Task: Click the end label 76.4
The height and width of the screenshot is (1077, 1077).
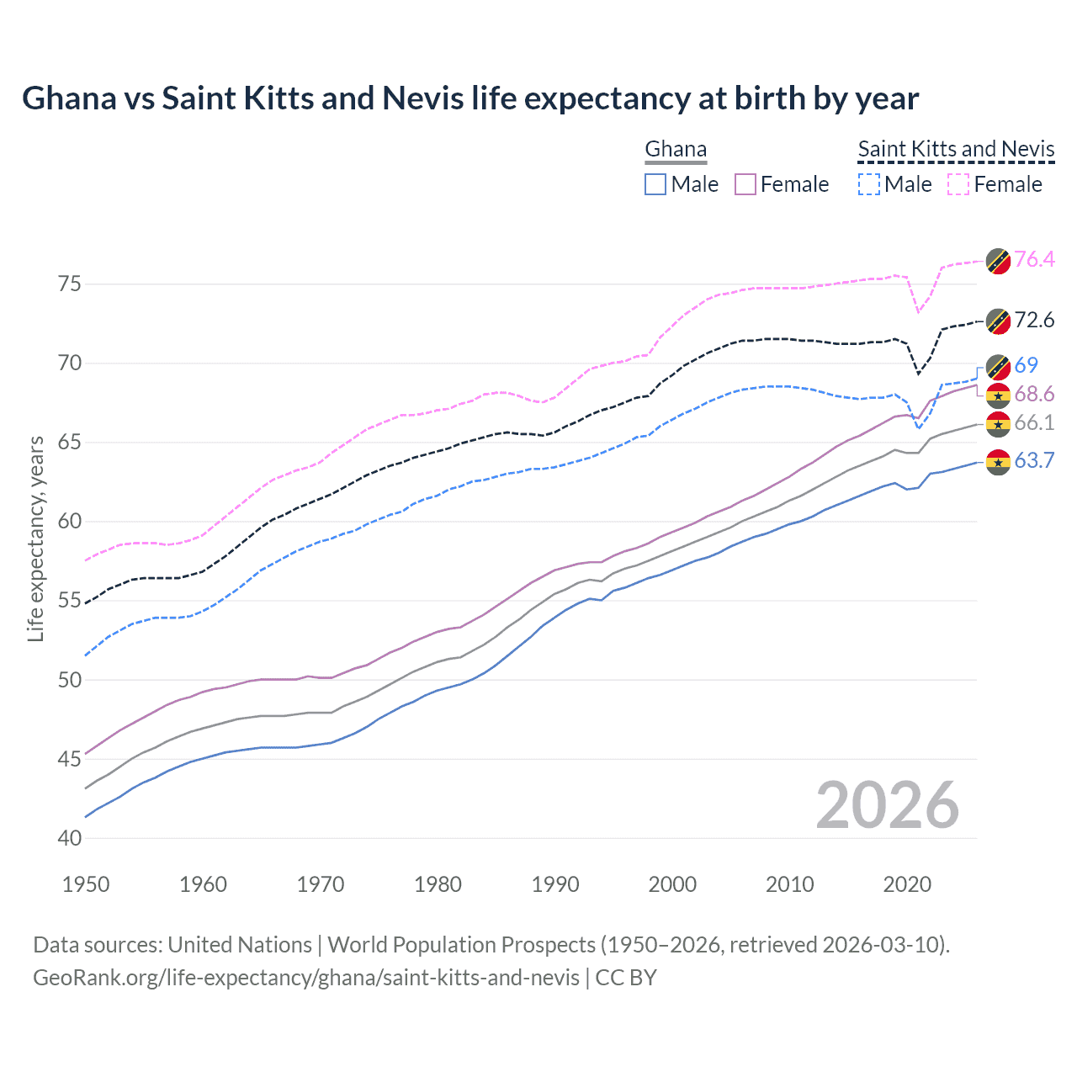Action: (x=1034, y=259)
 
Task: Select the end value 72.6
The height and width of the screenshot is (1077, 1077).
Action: (x=1034, y=320)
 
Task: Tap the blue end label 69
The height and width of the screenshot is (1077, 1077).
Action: (x=1026, y=365)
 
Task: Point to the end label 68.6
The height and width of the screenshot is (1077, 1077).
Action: (x=1034, y=395)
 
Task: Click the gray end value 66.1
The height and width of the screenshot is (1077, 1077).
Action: (x=1034, y=423)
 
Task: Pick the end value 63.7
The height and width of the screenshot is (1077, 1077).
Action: (x=1034, y=460)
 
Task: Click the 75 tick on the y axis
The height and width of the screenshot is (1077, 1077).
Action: (x=70, y=284)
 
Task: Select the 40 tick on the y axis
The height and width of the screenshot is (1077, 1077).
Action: (x=70, y=838)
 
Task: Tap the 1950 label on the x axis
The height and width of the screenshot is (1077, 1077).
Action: (x=86, y=884)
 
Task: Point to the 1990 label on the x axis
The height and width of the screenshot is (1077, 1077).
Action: (x=555, y=884)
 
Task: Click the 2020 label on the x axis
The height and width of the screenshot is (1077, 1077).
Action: (x=907, y=884)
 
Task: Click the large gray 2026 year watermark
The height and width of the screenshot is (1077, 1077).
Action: (x=887, y=805)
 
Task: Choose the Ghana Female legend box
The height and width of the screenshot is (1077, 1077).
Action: (x=745, y=184)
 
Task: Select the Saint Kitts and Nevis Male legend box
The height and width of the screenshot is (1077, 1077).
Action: (x=869, y=184)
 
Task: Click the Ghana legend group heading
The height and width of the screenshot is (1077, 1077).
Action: (x=676, y=150)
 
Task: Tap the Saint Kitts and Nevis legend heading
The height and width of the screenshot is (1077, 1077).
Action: (x=956, y=150)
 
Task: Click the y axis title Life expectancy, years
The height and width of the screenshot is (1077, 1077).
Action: (x=35, y=538)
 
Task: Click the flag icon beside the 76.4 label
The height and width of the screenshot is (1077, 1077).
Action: (x=998, y=260)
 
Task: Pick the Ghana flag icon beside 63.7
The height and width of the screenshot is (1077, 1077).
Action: (x=998, y=462)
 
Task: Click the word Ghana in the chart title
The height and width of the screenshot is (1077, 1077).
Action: (x=69, y=98)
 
